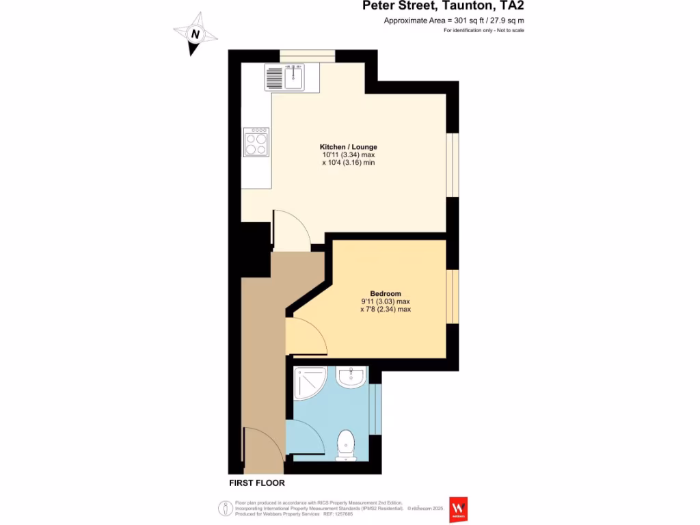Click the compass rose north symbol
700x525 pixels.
[x=196, y=33]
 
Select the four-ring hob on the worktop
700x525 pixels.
[x=256, y=143]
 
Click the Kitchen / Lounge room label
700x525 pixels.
[x=349, y=147]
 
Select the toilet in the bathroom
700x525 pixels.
[x=347, y=444]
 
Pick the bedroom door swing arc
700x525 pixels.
[x=308, y=337]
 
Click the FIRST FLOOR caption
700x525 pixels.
[x=255, y=483]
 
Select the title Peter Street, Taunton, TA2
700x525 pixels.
[x=444, y=6]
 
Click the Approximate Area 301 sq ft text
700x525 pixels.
[x=454, y=21]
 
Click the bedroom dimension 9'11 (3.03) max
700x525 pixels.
[x=386, y=301]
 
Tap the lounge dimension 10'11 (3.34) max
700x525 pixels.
[x=349, y=155]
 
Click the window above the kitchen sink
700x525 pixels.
[x=307, y=56]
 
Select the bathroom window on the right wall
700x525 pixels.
[x=375, y=409]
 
